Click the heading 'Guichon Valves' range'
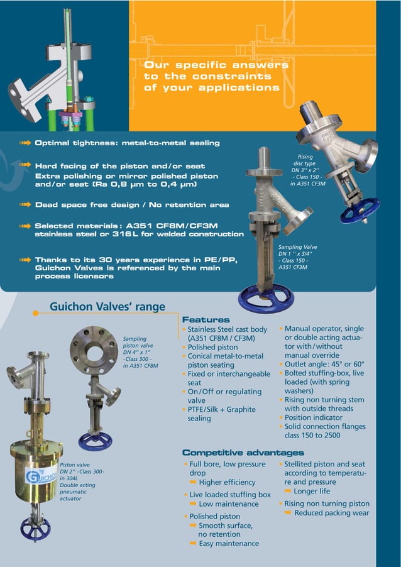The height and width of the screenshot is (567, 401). pos(107,307)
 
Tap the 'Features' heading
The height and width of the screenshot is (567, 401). pos(206,320)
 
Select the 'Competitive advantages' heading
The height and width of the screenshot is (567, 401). pos(243,453)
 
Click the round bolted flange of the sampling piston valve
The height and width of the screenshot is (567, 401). pos(94,350)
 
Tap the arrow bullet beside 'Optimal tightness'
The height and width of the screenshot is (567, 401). pos(25,143)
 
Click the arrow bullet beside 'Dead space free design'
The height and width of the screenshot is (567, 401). pos(25,205)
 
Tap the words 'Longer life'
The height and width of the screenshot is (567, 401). pos(312,491)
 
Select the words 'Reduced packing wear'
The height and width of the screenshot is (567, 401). pos(331,513)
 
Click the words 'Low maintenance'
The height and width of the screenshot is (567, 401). pos(228,504)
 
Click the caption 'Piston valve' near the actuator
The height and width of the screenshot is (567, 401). pos(74,466)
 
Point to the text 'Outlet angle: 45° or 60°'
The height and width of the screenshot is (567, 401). pos(324,364)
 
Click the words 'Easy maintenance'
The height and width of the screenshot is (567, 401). pos(229,543)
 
